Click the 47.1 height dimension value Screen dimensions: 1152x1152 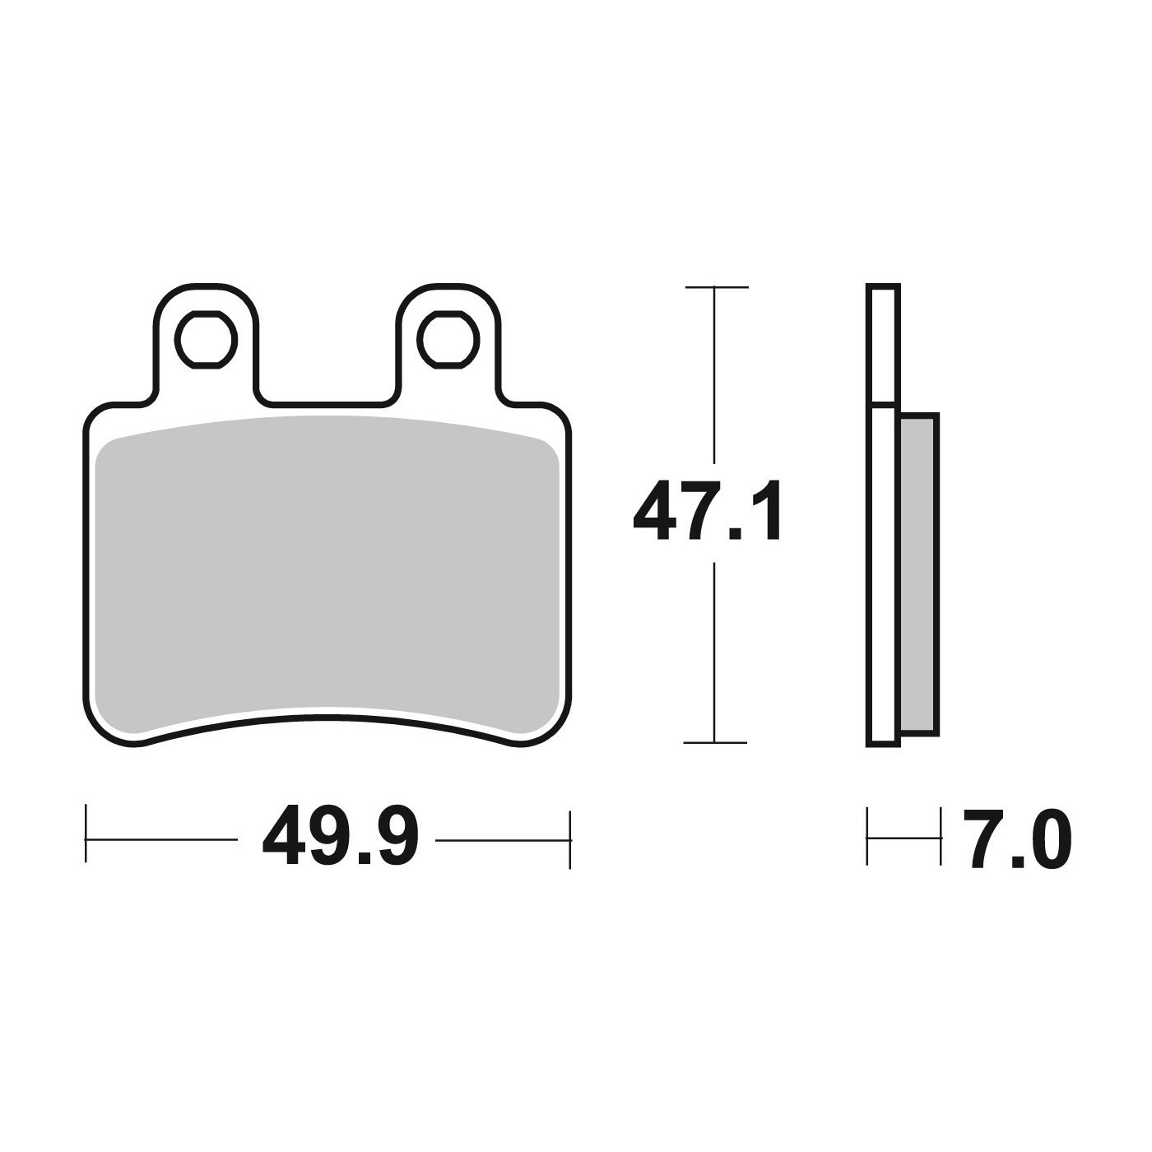[707, 510]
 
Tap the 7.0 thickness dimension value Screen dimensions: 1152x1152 [1016, 839]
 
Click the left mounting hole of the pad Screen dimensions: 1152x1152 [207, 340]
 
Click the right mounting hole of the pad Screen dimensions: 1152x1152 [449, 340]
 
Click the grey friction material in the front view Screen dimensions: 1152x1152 [327, 574]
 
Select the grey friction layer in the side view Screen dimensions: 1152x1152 [919, 574]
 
